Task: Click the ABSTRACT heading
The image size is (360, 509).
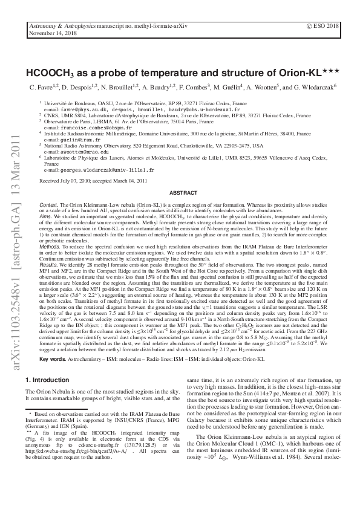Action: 180,192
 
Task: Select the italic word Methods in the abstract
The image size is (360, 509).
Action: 50,247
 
